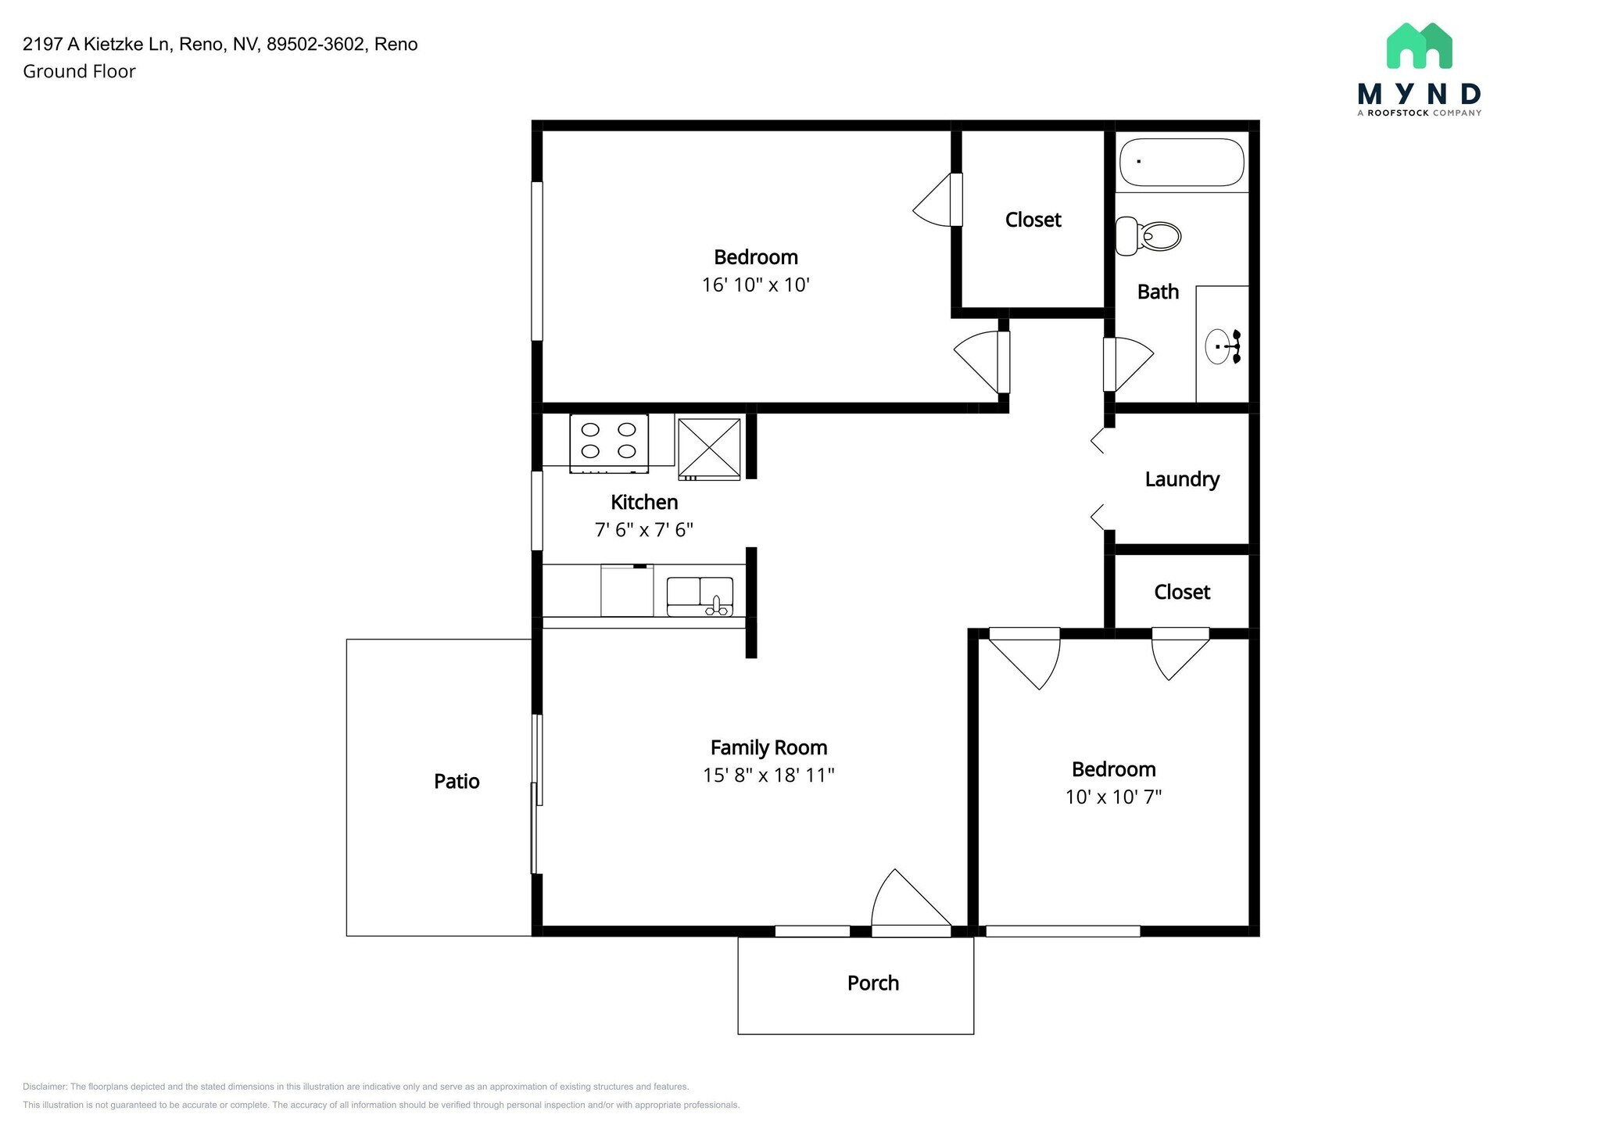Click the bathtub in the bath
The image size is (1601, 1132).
[x=1181, y=163]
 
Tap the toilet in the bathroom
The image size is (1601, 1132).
[x=1147, y=235]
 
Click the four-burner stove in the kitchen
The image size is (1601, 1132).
[x=609, y=443]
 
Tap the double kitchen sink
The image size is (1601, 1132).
[x=700, y=596]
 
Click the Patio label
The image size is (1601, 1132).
[x=457, y=781]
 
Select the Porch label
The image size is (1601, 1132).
[x=873, y=983]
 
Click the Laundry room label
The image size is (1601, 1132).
[x=1182, y=479]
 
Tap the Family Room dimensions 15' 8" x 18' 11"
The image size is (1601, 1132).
[x=768, y=775]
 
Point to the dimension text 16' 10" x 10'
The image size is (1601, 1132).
[x=755, y=285]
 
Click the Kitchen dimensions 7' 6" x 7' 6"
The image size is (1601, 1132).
[x=644, y=530]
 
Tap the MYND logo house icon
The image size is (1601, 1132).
[x=1419, y=45]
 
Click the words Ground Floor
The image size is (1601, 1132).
[x=79, y=71]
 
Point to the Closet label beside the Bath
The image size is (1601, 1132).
[x=1033, y=220]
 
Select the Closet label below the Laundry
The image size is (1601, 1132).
[x=1182, y=592]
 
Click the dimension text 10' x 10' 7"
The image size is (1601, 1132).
[x=1113, y=797]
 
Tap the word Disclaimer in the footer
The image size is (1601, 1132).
[x=45, y=1087]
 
